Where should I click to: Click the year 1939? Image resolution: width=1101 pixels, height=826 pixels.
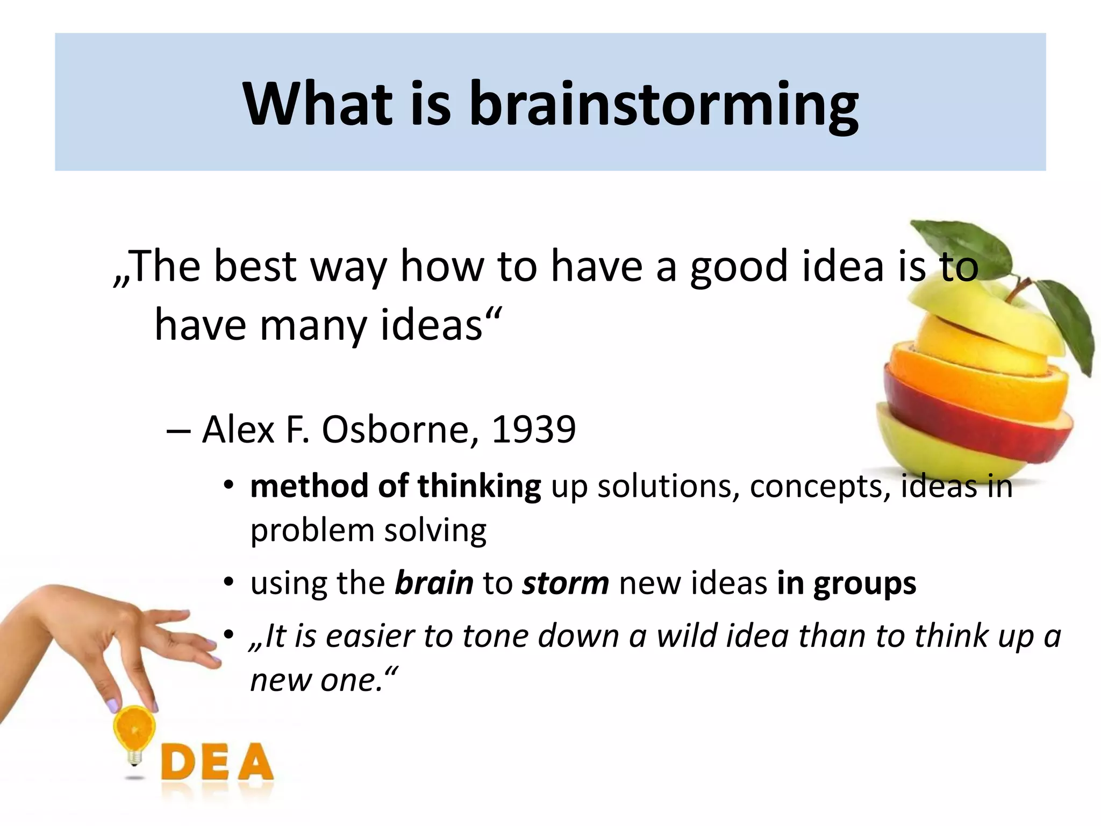pyautogui.click(x=533, y=430)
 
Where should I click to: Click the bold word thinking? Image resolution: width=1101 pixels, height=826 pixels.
pyautogui.click(x=479, y=487)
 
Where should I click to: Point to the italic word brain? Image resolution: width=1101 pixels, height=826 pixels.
pyautogui.click(x=434, y=583)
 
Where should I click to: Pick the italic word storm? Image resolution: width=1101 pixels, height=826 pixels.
pyautogui.click(x=565, y=583)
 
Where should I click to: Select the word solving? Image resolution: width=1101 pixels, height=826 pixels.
pyautogui.click(x=435, y=531)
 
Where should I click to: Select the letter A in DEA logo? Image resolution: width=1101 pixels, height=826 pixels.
pyautogui.click(x=253, y=762)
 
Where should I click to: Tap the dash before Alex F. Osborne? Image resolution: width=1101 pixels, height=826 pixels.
pyautogui.click(x=178, y=431)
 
